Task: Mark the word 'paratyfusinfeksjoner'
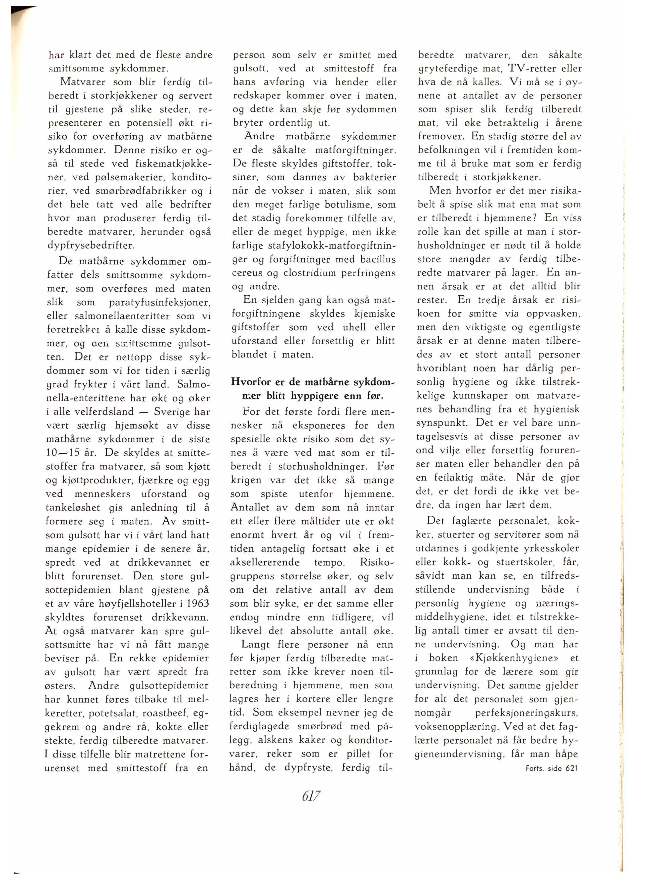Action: tap(160, 302)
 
